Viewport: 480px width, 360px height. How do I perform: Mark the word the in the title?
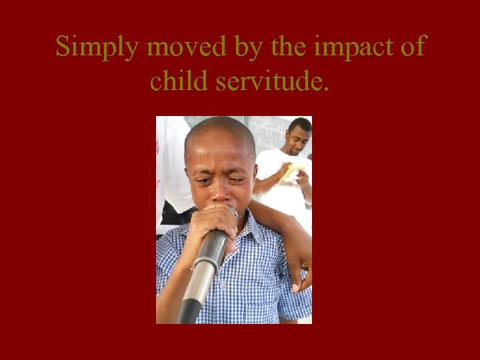[286, 48]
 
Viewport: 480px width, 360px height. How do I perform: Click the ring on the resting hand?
[305, 265]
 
